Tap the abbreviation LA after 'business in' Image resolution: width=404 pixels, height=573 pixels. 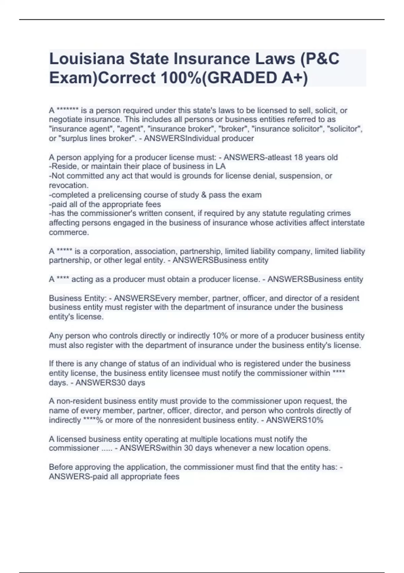click(221, 167)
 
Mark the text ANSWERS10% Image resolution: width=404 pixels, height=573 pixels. click(295, 420)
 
